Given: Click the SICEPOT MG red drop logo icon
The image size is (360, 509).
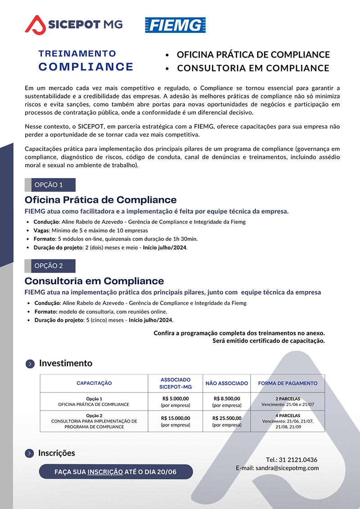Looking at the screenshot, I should coord(35,24).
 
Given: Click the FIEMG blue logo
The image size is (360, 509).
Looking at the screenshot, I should coord(175,25).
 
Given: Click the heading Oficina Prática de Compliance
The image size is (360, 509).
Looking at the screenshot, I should coord(100,200).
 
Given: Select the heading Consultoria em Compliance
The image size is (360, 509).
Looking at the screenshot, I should coord(94,281).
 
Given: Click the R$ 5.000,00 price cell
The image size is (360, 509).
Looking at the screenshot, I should coord(175,402).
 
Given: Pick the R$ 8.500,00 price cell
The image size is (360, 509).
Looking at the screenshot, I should coord(227,402).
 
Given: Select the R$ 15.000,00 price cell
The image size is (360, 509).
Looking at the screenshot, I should coord(175,421).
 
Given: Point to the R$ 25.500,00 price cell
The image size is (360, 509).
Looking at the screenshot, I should coord(227,421).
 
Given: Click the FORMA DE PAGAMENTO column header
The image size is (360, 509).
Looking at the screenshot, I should coord(288,383).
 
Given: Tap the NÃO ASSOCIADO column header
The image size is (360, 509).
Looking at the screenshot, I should coord(227,383).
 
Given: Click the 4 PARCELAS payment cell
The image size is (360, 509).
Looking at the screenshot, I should coord(288,421).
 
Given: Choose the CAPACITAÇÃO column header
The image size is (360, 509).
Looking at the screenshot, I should coord(94,383).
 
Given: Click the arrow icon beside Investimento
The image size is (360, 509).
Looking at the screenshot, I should coord(30,364).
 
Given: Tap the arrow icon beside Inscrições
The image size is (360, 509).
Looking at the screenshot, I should coord(30,453).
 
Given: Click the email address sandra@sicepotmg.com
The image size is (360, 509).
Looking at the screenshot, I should coord(287,468).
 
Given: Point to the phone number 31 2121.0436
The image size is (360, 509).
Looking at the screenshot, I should coord(298,460).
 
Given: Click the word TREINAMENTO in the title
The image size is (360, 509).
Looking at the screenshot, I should coord(77,54).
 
